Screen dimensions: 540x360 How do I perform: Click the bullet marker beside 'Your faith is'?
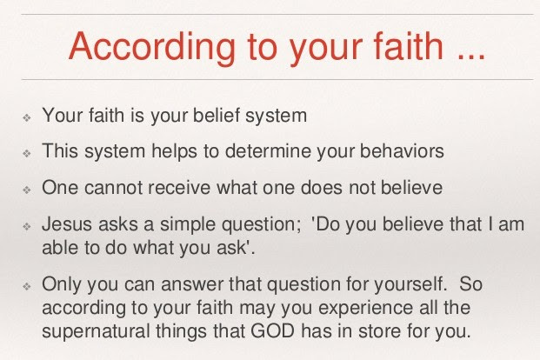(27, 117)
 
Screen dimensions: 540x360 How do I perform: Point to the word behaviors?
(402, 151)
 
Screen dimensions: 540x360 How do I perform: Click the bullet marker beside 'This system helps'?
(27, 153)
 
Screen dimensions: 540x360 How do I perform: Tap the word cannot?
(113, 188)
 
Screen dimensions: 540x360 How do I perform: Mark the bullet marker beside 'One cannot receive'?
(27, 190)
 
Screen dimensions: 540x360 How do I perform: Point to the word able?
(58, 247)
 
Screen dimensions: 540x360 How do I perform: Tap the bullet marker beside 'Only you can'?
(27, 286)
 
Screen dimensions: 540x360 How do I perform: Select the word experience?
(365, 309)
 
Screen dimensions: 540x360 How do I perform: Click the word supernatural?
(96, 332)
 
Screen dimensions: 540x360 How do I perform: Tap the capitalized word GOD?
(272, 330)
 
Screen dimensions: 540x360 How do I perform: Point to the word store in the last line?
(379, 331)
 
